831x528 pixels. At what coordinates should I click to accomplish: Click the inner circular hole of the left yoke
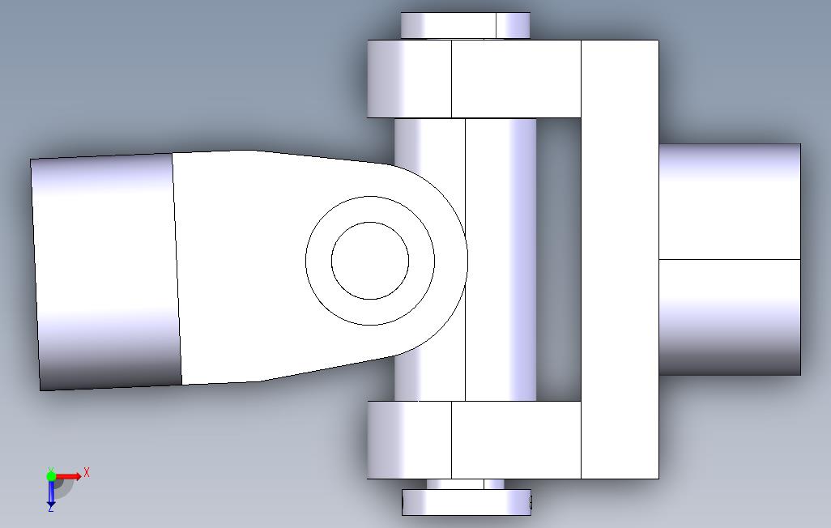click(370, 260)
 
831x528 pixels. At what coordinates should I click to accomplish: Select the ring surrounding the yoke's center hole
click(318, 260)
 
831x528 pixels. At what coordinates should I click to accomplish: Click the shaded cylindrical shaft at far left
click(105, 271)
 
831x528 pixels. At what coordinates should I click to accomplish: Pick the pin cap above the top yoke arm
click(465, 25)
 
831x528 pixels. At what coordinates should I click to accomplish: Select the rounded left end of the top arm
click(409, 79)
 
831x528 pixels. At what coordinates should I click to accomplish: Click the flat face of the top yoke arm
click(516, 79)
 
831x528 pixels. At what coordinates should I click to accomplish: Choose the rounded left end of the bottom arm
click(409, 439)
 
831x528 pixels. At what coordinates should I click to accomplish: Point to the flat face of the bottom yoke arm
click(516, 439)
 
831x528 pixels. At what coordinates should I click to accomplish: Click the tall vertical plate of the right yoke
click(620, 259)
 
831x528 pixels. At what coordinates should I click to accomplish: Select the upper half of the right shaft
click(729, 202)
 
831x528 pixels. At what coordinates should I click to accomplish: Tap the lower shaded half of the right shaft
click(729, 317)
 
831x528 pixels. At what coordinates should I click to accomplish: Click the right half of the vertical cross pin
click(501, 259)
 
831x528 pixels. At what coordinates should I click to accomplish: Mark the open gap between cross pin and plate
click(559, 259)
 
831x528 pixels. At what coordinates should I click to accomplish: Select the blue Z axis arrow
click(51, 490)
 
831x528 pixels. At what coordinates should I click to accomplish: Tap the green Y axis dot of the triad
click(51, 475)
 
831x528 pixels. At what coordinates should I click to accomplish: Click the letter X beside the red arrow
click(87, 472)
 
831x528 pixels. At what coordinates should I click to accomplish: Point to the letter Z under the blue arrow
click(51, 508)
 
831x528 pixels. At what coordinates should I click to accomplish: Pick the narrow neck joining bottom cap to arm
click(465, 483)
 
